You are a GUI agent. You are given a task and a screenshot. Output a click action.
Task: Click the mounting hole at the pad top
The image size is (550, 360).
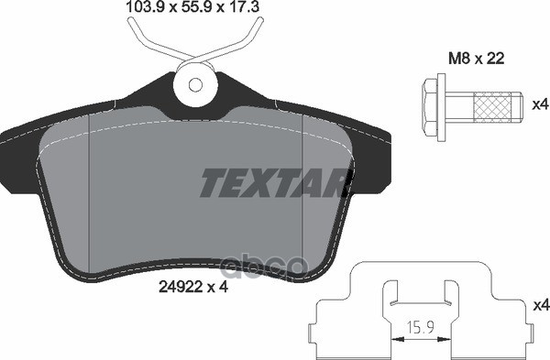194,84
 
